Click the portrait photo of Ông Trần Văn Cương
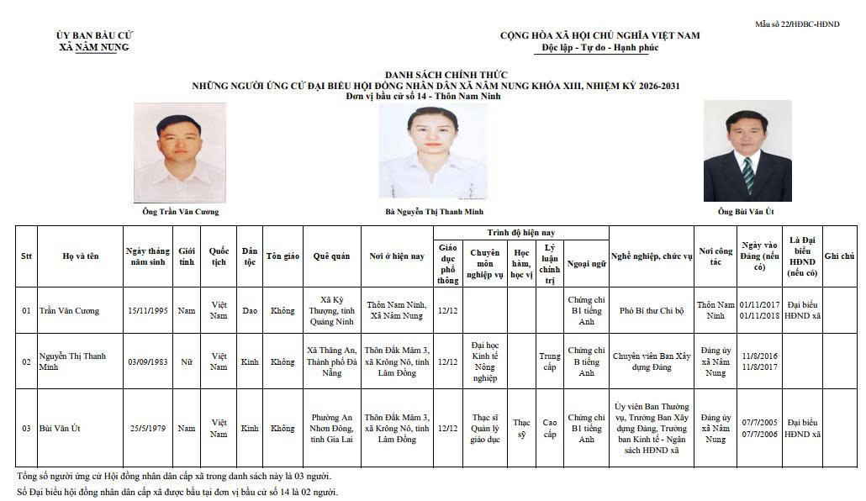click(179, 153)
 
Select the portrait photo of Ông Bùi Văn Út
click(747, 151)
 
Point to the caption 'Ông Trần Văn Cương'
click(179, 212)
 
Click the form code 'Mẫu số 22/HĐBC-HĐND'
click(808, 24)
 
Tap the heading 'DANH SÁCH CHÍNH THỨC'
click(435, 76)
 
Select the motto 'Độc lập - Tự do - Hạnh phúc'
click(599, 48)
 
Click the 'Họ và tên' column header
click(81, 256)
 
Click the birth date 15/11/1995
click(148, 311)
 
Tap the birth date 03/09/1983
click(148, 362)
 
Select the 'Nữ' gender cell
click(187, 362)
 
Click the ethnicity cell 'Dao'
click(250, 311)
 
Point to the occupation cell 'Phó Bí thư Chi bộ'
click(651, 311)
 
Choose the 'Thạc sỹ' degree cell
click(521, 429)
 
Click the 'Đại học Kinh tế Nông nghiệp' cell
click(485, 362)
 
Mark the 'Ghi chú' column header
click(839, 256)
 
